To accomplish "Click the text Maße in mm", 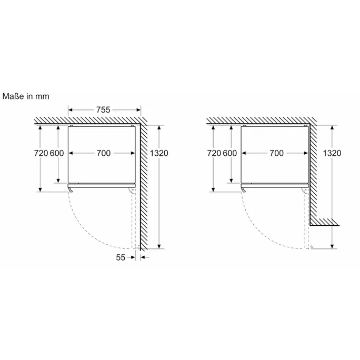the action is [x=26, y=96].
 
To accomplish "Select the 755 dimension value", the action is [x=103, y=110].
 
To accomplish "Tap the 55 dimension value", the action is [x=121, y=257].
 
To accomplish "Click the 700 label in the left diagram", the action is [x=103, y=153].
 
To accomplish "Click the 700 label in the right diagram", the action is [x=276, y=153].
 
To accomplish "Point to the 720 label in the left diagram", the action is [x=41, y=153].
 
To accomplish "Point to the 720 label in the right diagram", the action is [x=214, y=153].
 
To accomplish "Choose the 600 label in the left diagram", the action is [x=57, y=153].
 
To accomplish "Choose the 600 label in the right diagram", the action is [x=230, y=153].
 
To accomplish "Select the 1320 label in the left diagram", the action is [x=159, y=153].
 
